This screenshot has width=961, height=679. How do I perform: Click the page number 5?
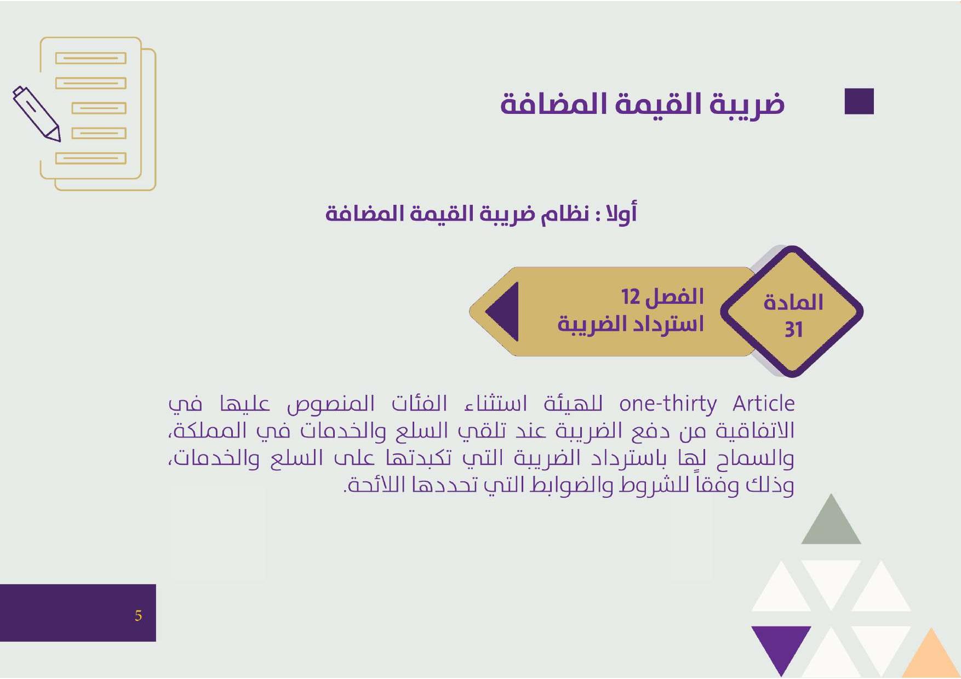[138, 615]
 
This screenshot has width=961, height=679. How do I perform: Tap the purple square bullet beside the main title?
[859, 101]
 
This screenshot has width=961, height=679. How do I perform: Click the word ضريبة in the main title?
[748, 104]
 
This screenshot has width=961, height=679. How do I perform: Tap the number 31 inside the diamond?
[793, 330]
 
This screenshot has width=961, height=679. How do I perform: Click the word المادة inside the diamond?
[793, 302]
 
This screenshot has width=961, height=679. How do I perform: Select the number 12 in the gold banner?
[630, 297]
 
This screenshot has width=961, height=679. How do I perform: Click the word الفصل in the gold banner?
[674, 297]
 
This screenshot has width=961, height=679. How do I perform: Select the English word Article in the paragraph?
[764, 404]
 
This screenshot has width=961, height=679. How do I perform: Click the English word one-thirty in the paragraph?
[668, 404]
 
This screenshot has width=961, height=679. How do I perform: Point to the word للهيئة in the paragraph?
[573, 404]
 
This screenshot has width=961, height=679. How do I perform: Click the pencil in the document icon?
[36, 113]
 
